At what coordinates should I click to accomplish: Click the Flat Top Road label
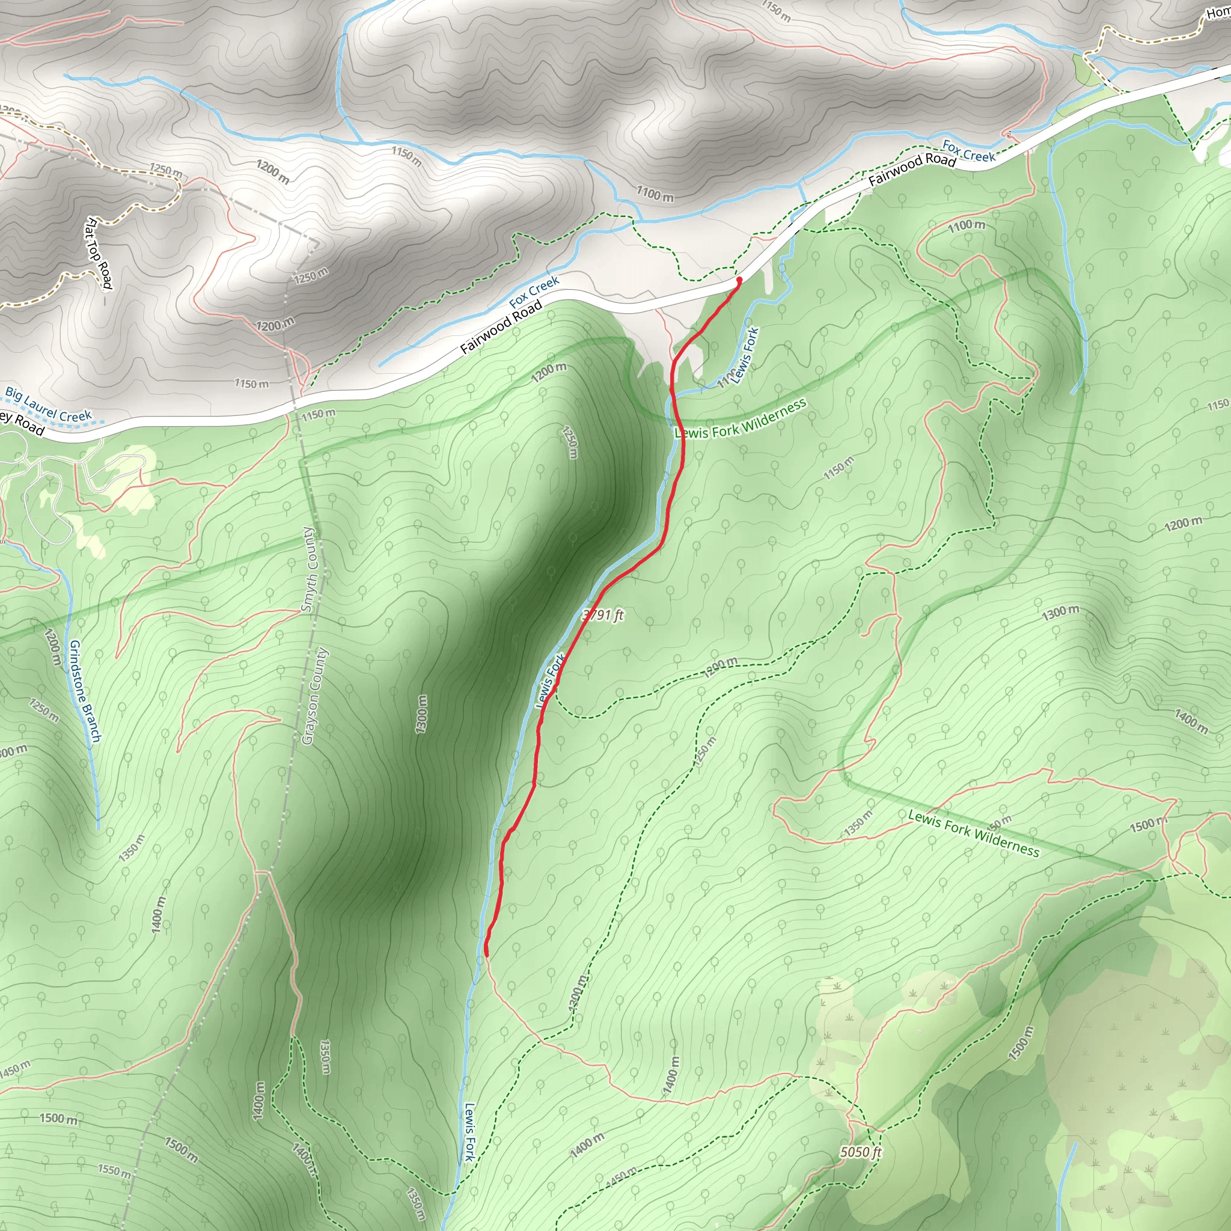(99, 253)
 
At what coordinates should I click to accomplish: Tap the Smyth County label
(309, 570)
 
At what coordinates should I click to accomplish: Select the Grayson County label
(316, 697)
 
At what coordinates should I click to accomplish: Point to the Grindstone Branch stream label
(85, 691)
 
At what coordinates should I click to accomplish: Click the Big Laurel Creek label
(49, 405)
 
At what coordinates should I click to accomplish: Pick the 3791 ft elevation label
(603, 615)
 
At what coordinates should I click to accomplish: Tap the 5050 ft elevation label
(860, 1152)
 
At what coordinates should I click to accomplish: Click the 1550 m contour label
(115, 1171)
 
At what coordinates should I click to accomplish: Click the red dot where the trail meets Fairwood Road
(739, 279)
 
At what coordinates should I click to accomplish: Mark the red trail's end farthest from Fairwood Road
(487, 954)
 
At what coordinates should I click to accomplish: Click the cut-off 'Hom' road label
(1218, 13)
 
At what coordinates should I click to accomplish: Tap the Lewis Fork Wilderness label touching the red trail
(741, 418)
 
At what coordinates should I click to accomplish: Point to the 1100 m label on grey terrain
(655, 193)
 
